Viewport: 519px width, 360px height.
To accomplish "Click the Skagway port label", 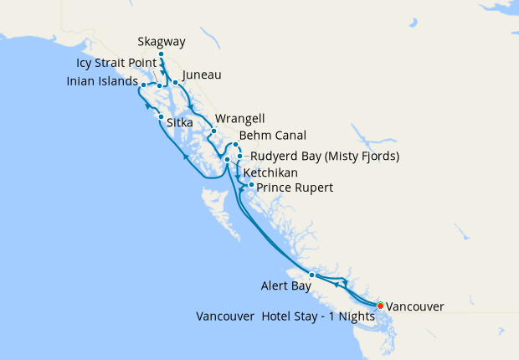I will tap(161, 42).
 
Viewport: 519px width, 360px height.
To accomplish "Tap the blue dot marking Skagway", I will tap(161, 54).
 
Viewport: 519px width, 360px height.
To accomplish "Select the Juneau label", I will tap(201, 75).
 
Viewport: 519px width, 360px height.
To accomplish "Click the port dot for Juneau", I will tap(175, 82).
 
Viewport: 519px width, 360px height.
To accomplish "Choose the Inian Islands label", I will tap(102, 82).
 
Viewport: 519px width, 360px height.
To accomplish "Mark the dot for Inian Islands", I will tap(144, 85).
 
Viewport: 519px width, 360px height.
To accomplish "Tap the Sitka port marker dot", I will tap(161, 117).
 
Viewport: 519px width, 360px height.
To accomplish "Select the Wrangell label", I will tap(234, 118).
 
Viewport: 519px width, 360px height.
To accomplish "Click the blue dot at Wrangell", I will tap(213, 131).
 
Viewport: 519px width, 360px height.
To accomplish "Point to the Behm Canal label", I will tap(272, 135).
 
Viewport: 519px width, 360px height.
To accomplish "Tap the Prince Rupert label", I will tap(295, 188).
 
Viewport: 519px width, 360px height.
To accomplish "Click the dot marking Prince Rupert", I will tap(251, 184).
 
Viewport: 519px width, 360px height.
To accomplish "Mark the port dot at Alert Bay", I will tap(311, 275).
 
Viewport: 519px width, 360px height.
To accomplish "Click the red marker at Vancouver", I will tap(380, 306).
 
